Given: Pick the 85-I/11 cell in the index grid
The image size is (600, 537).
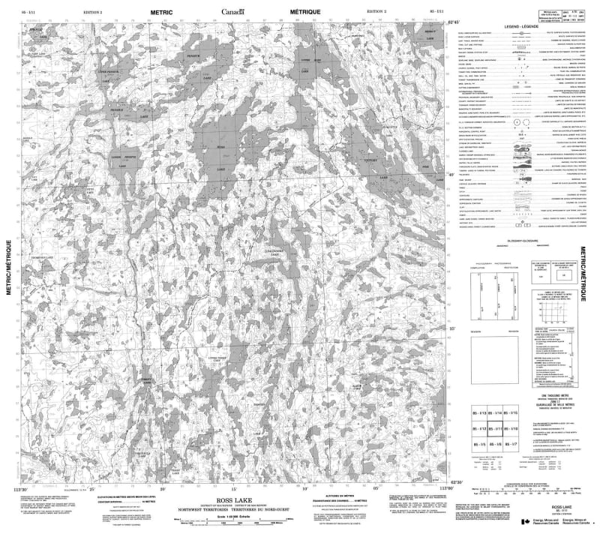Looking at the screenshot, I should (495, 429).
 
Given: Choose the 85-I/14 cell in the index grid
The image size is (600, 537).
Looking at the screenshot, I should (495, 414).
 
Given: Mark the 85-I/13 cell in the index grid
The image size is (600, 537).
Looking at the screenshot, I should (478, 414).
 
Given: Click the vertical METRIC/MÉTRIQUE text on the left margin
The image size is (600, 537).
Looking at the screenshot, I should (8, 270).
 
